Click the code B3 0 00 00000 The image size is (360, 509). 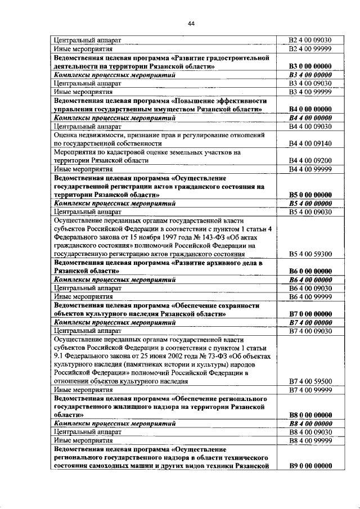pyautogui.click(x=309, y=66)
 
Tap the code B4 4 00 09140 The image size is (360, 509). pyautogui.click(x=309, y=144)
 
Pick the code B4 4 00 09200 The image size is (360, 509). pyautogui.click(x=309, y=160)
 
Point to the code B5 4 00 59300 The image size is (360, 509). pyautogui.click(x=309, y=254)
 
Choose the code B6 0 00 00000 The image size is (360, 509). pyautogui.click(x=309, y=271)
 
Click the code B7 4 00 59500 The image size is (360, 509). pyautogui.click(x=309, y=381)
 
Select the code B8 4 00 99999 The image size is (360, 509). pyautogui.click(x=309, y=441)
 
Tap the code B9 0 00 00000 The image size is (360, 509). pyautogui.click(x=309, y=466)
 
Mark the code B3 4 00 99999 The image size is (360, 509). pyautogui.click(x=309, y=91)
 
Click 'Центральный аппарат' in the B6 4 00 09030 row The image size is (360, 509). pyautogui.click(x=88, y=289)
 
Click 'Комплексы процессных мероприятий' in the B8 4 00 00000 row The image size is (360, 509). pyautogui.click(x=115, y=424)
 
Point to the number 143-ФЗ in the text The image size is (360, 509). pyautogui.click(x=211, y=237)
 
